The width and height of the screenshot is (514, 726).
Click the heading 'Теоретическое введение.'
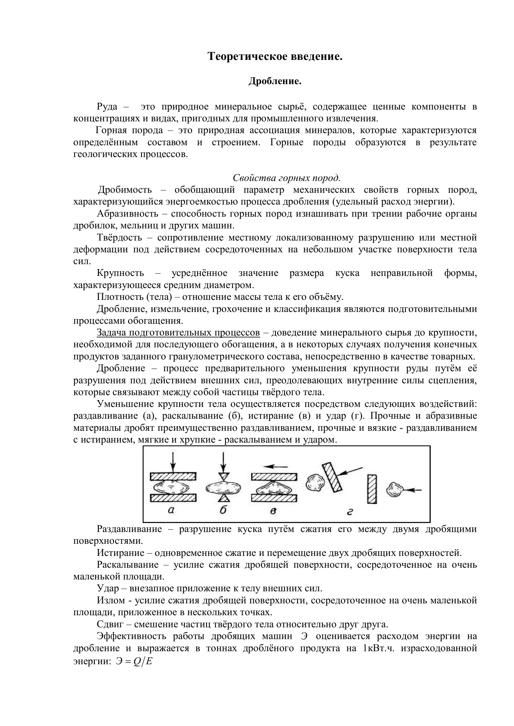pos(275,56)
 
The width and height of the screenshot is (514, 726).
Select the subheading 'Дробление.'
pos(275,81)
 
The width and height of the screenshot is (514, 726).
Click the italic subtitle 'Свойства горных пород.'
pos(287,178)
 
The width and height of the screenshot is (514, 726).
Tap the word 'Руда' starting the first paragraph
pos(107,106)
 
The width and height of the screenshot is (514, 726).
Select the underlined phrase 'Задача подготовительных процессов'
pos(178,332)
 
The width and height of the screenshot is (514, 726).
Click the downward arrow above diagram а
pos(172,462)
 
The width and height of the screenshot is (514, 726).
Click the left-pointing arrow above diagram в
pos(276,467)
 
